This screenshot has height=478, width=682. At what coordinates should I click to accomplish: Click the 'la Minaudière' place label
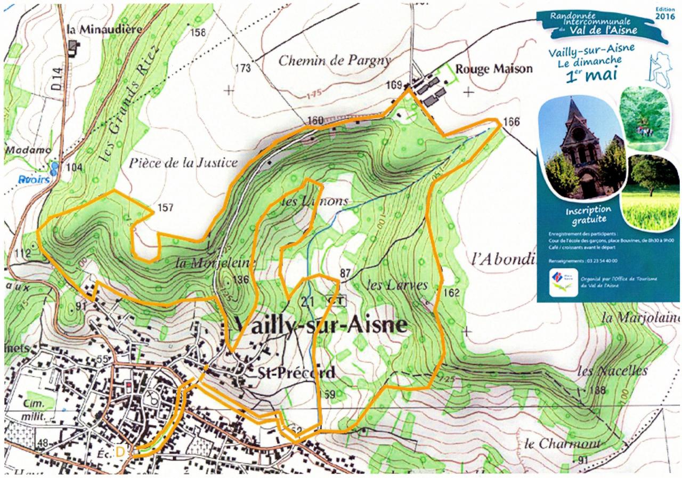click(x=104, y=29)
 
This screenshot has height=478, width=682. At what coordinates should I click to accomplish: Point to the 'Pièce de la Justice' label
click(x=183, y=163)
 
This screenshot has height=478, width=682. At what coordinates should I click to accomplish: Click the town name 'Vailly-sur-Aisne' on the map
click(x=320, y=324)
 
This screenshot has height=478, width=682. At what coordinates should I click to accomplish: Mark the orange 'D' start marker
click(x=121, y=451)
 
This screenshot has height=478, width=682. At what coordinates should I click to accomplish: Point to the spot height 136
click(x=241, y=279)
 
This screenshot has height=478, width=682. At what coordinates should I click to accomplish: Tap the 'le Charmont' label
click(x=562, y=443)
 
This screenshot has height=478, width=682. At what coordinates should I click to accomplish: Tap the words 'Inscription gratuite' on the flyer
click(x=588, y=214)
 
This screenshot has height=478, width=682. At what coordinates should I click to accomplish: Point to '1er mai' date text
click(x=595, y=73)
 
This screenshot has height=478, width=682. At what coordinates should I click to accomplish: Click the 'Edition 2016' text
click(x=663, y=13)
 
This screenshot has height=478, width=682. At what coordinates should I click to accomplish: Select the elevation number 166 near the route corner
click(x=511, y=122)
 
